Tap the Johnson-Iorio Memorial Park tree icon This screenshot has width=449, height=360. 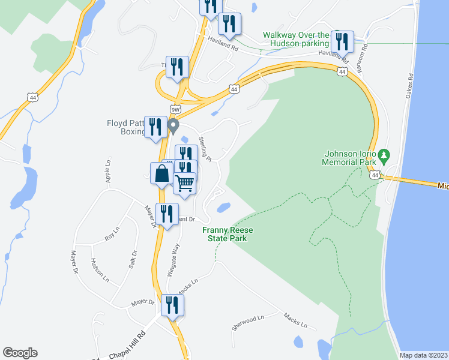pyautogui.click(x=384, y=158)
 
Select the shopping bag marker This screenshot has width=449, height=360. pyautogui.click(x=162, y=175)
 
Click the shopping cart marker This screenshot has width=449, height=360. pyautogui.click(x=185, y=182)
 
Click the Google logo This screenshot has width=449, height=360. pyautogui.click(x=20, y=353)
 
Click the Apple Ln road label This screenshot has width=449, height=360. pyautogui.click(x=109, y=170)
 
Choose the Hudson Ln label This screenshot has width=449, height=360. pyautogui.click(x=100, y=270)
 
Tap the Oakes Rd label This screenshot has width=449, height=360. pyautogui.click(x=411, y=86)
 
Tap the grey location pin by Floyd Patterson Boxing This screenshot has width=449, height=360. pyautogui.click(x=173, y=126)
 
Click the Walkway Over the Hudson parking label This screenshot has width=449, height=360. pyautogui.click(x=297, y=39)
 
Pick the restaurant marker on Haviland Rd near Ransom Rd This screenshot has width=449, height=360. pyautogui.click(x=343, y=41)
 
